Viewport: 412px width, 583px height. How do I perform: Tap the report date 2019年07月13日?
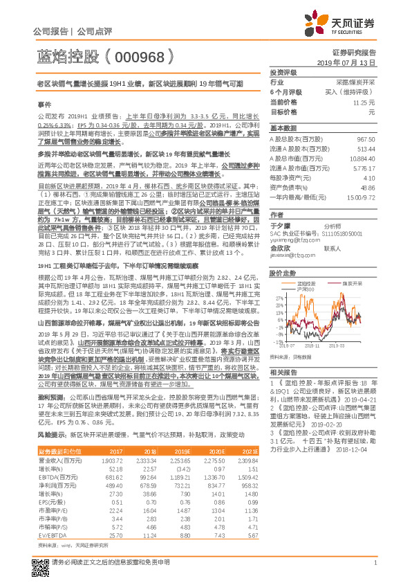[x=350, y=62]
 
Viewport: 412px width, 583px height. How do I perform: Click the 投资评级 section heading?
[x=283, y=72]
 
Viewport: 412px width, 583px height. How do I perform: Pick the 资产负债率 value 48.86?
[x=368, y=187]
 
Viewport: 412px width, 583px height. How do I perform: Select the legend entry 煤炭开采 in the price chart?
[x=352, y=283]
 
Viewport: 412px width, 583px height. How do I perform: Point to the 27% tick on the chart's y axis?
[x=276, y=297]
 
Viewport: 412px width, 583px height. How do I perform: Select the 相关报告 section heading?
[x=283, y=372]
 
